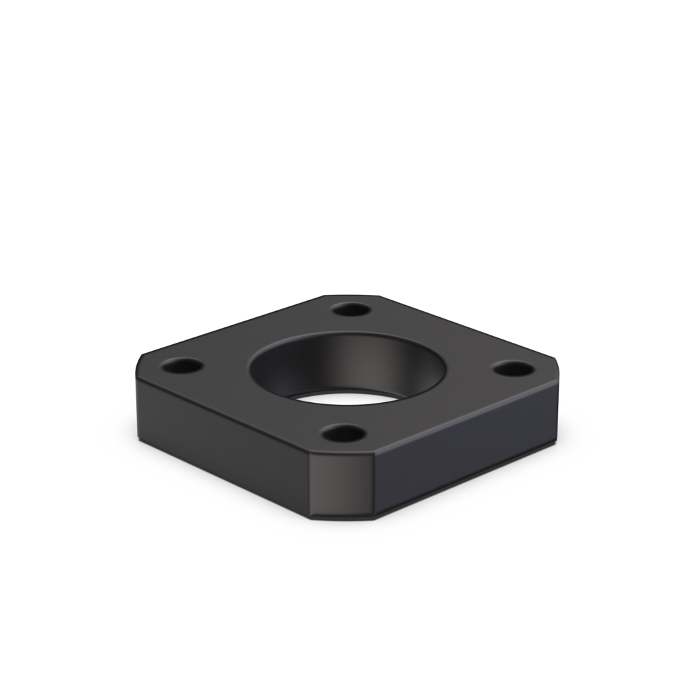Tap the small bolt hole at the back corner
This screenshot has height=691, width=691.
point(352,310)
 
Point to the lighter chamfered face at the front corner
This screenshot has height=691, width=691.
point(341,486)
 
